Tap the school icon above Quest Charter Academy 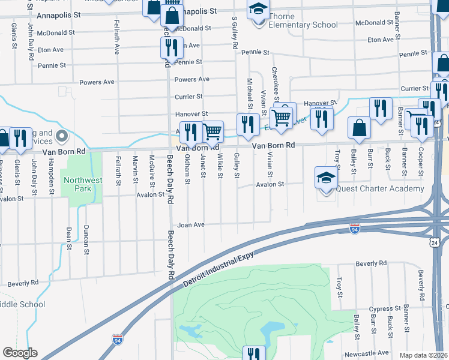coord(326,177)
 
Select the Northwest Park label coord(83,184)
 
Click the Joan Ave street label coord(191,224)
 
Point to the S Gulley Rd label coord(235,32)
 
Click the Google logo coord(20,353)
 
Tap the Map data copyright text coord(423,355)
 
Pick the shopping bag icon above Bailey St coord(359,127)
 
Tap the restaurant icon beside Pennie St coord(172,47)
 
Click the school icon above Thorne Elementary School coord(258,9)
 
